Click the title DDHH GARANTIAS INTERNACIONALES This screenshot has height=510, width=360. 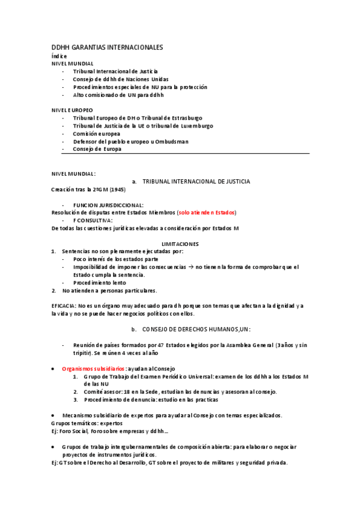tap(107, 47)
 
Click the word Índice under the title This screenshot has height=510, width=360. tap(59, 56)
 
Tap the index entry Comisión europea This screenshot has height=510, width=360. tap(100, 134)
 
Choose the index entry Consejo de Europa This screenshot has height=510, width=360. tap(97, 149)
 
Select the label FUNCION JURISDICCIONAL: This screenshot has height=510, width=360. tap(108, 205)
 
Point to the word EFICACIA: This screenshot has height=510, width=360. tap(64, 306)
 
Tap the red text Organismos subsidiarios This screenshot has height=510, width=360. tap(93, 369)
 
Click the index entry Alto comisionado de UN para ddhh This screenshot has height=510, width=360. tap(118, 95)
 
